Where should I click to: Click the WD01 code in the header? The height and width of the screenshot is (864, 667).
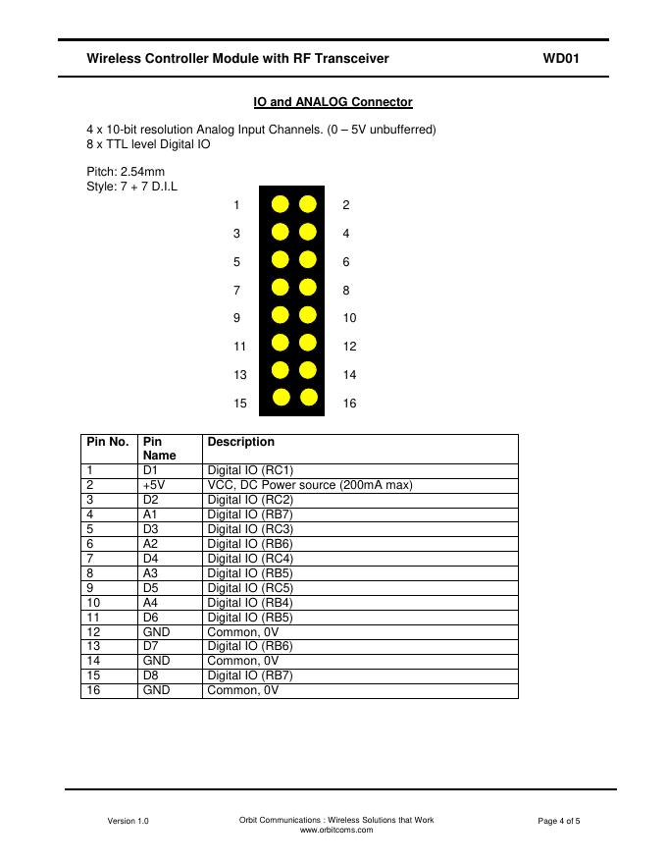click(x=561, y=59)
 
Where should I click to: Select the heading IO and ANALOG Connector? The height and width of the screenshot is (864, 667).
click(x=333, y=102)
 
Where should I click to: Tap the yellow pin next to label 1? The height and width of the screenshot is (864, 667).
click(x=281, y=204)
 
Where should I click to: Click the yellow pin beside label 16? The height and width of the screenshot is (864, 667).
click(x=309, y=398)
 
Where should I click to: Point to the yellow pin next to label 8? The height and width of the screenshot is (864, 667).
click(x=309, y=288)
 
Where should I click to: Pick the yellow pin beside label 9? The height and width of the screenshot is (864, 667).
click(x=281, y=315)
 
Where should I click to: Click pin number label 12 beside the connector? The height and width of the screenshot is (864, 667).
click(x=350, y=347)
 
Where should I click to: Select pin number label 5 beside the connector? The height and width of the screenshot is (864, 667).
click(x=236, y=262)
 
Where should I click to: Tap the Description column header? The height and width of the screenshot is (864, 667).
click(x=240, y=442)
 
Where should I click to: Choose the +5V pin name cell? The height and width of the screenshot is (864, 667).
click(x=153, y=485)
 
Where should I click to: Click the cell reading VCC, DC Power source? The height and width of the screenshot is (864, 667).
click(x=310, y=485)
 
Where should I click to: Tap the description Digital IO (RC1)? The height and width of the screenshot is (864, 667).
click(x=250, y=470)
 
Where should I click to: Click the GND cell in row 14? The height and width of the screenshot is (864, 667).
click(x=156, y=661)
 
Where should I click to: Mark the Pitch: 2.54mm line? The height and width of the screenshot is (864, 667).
click(x=126, y=172)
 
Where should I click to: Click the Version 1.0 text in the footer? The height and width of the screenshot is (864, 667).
click(x=128, y=821)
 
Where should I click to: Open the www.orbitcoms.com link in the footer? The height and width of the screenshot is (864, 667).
click(x=336, y=830)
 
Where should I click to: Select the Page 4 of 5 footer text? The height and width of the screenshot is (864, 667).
click(x=559, y=821)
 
